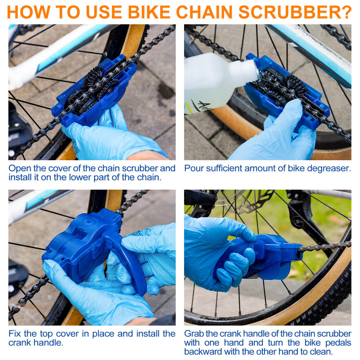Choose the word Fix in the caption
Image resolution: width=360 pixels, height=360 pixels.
pos(15,333)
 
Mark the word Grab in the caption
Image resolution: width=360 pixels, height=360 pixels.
pos(194,333)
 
